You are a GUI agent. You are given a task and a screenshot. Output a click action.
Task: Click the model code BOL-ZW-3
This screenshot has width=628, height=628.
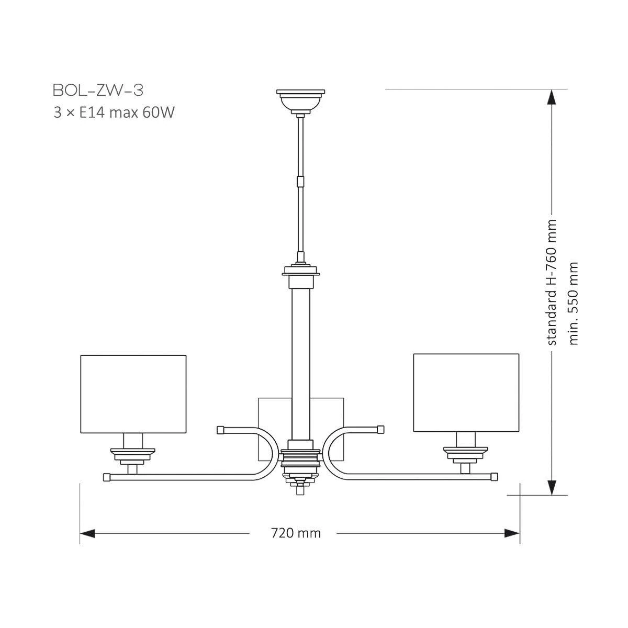point(98,90)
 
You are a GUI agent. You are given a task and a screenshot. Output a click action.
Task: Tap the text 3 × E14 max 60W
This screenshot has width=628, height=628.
point(114,113)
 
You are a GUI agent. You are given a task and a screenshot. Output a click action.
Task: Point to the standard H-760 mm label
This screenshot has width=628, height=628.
point(552,282)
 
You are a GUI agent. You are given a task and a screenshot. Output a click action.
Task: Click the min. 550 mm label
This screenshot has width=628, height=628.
point(573,303)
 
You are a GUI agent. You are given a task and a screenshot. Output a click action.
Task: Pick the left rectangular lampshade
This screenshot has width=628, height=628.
point(133,394)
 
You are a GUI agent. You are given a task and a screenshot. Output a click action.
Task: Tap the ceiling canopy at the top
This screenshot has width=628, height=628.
point(300,102)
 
